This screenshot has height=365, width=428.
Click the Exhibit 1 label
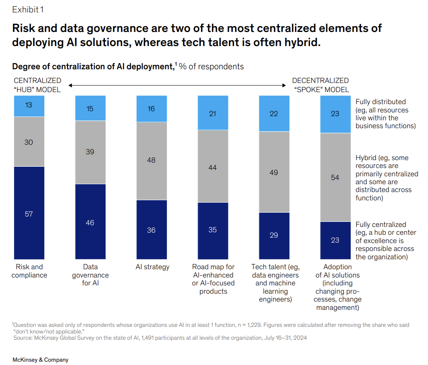click(x=28, y=9)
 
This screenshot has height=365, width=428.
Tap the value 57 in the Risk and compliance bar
click(x=29, y=214)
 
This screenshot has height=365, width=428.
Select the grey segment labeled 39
click(x=90, y=152)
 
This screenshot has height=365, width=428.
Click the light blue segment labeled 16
click(x=151, y=109)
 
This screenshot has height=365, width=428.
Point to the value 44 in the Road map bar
click(x=212, y=168)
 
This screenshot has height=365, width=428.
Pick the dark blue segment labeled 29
click(x=274, y=235)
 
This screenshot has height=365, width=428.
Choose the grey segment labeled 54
click(x=335, y=178)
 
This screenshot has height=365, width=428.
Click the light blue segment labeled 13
click(x=29, y=105)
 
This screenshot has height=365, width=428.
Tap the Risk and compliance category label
click(x=29, y=271)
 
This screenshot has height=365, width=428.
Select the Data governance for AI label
click(x=90, y=275)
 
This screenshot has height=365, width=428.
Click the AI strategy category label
click(x=152, y=267)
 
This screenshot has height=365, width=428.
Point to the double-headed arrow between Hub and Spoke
click(x=177, y=85)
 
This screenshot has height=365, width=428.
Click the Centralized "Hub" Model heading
click(x=37, y=85)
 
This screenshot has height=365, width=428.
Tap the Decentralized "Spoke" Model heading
click(x=320, y=85)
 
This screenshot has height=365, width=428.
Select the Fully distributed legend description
click(x=385, y=114)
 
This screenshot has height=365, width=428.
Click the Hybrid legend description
click(x=387, y=178)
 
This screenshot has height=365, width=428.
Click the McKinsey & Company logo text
click(x=40, y=360)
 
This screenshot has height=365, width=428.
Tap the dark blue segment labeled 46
click(x=90, y=223)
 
